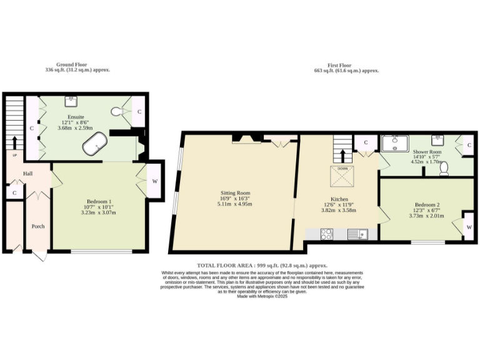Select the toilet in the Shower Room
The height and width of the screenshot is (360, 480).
click(444, 168)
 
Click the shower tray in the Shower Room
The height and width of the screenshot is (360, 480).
click(396, 144)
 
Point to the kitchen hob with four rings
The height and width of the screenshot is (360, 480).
click(326, 234)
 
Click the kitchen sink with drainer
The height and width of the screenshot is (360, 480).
click(357, 234)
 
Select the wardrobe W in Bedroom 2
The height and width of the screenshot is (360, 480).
click(469, 227)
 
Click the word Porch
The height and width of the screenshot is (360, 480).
click(37, 226)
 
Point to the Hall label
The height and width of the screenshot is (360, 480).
click(28, 174)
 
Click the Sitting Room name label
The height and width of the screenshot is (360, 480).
click(235, 193)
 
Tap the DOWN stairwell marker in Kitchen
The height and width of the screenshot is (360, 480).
click(342, 169)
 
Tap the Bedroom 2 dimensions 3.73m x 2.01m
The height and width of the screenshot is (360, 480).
click(426, 216)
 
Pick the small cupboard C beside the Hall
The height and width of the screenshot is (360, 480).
click(14, 194)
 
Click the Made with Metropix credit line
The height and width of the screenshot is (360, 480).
click(261, 296)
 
